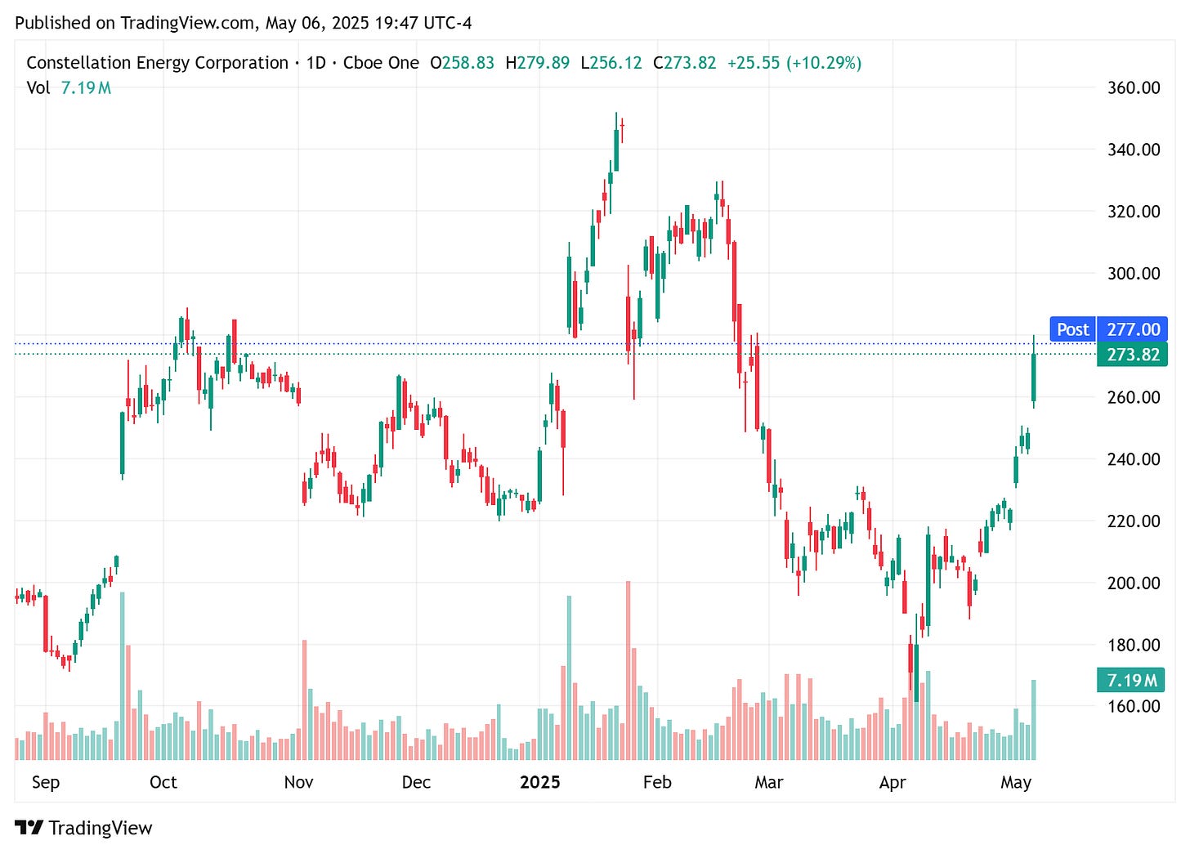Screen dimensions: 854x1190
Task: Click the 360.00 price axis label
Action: click(1133, 87)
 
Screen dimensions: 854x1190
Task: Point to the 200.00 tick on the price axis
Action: click(1133, 583)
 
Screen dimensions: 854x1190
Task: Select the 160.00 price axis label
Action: click(1133, 706)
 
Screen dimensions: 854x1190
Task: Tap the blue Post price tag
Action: click(1072, 329)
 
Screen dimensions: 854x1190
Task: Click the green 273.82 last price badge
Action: click(1132, 355)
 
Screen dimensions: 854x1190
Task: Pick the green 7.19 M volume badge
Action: click(1131, 680)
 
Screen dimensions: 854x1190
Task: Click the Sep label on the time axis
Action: click(46, 782)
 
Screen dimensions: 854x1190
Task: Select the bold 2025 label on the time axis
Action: click(540, 782)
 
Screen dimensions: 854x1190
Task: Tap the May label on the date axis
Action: click(1016, 782)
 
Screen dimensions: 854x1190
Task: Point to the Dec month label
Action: click(416, 782)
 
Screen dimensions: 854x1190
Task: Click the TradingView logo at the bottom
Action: click(83, 828)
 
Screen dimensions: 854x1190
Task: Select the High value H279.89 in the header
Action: click(537, 63)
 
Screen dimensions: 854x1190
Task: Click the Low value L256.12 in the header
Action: click(611, 63)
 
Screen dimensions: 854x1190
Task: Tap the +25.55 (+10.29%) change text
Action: click(794, 63)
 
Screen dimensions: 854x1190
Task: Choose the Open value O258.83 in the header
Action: click(462, 63)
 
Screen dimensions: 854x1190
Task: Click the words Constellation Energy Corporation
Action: click(157, 63)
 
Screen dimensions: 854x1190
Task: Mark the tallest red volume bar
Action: click(629, 670)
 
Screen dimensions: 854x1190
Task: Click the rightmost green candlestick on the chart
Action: click(1034, 376)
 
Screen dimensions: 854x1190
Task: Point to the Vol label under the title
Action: click(38, 87)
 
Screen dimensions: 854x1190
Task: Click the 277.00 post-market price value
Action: click(1133, 329)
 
